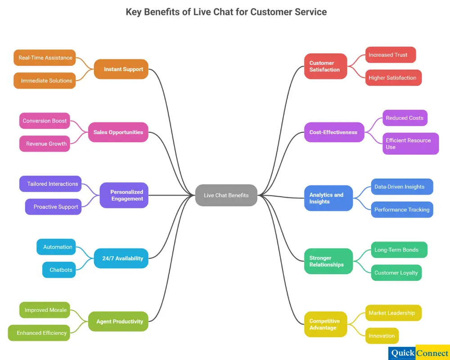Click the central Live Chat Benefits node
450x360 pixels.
tap(226, 195)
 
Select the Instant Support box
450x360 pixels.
tap(121, 69)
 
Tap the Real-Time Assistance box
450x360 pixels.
tap(45, 58)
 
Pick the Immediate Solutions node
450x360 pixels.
tap(45, 81)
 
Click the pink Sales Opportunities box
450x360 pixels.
tap(118, 132)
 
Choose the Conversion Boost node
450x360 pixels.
tap(45, 121)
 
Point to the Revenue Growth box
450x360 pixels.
tap(45, 144)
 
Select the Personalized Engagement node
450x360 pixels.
tap(124, 195)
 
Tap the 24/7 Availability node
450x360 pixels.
tap(121, 258)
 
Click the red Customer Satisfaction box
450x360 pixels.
tap(325, 66)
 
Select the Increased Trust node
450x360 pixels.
tap(390, 55)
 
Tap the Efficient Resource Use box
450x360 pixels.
tap(410, 144)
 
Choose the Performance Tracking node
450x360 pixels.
tap(402, 210)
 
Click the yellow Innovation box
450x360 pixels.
tap(382, 336)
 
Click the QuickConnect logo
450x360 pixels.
tap(419, 353)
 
